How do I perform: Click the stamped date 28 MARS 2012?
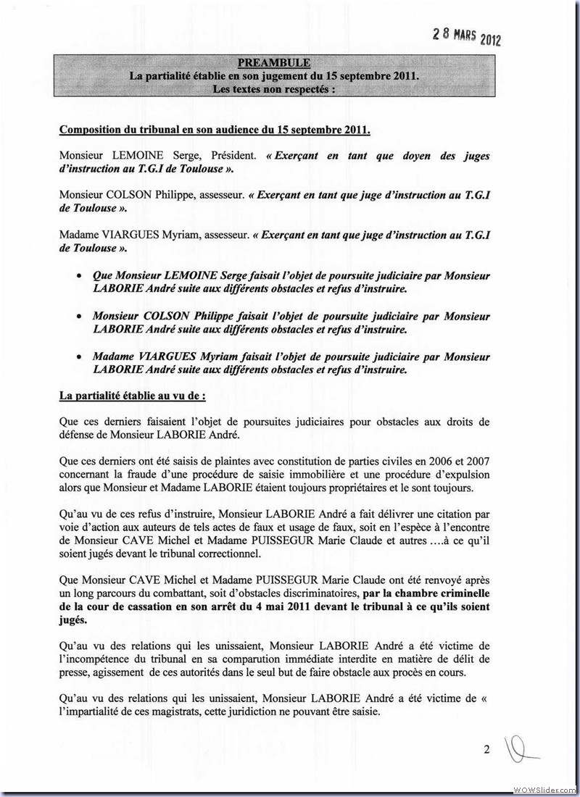[467, 34]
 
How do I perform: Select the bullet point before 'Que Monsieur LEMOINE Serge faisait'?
[78, 277]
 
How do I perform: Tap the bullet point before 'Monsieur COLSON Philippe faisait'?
[78, 317]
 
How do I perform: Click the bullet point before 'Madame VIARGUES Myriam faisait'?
[78, 357]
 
